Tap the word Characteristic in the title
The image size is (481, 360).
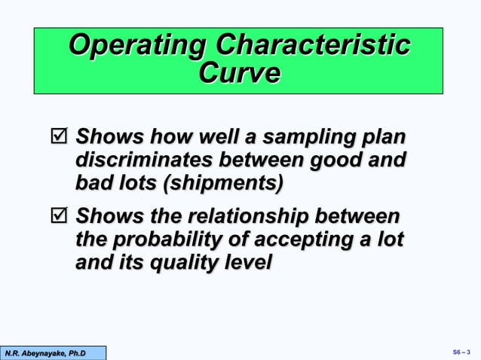(x=311, y=45)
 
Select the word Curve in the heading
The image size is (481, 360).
(x=238, y=74)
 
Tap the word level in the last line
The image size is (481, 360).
(x=246, y=263)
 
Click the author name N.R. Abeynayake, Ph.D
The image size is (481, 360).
(x=45, y=352)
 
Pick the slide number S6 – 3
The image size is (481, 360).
(x=461, y=352)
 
